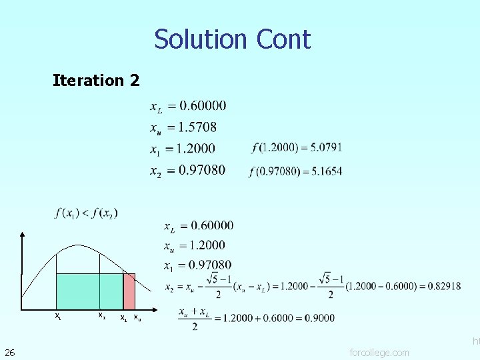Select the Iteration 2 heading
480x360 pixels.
[x=96, y=81]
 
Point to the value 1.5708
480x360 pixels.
[x=198, y=127]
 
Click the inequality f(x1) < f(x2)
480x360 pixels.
[x=87, y=213]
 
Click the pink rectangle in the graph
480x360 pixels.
[x=129, y=291]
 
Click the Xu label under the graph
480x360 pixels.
[x=137, y=317]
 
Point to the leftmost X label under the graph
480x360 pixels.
[x=58, y=316]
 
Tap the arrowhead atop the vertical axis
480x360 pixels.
[x=22, y=235]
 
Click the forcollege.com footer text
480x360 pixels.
[x=379, y=352]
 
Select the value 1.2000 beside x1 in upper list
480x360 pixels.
[x=197, y=148]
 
